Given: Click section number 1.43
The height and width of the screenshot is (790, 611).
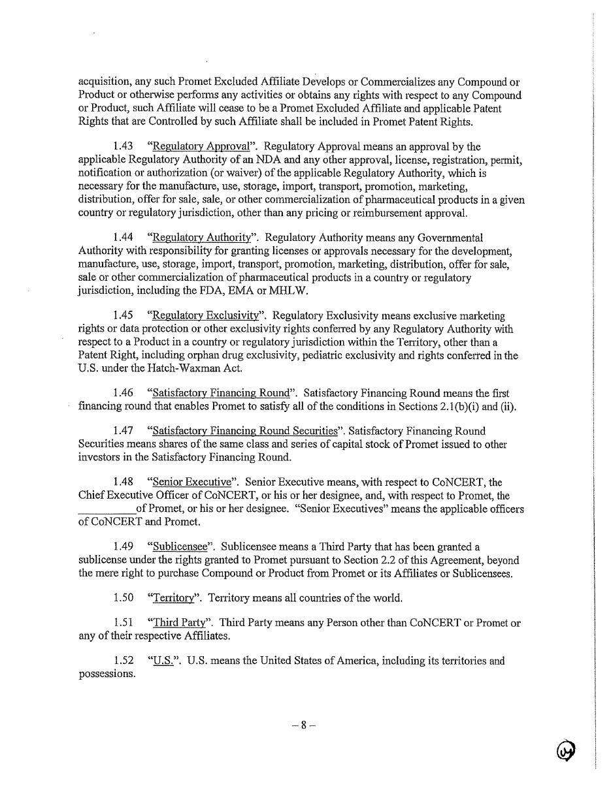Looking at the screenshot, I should pyautogui.click(x=123, y=147).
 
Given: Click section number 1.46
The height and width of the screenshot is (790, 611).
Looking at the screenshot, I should pyautogui.click(x=123, y=393).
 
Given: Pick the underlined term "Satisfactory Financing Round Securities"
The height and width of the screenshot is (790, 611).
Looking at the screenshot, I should pyautogui.click(x=245, y=431).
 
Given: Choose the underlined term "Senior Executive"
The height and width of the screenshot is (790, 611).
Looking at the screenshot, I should pyautogui.click(x=191, y=482).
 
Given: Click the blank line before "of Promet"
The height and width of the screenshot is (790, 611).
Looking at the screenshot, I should pyautogui.click(x=107, y=509).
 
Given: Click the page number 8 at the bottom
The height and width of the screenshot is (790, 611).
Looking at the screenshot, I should pyautogui.click(x=303, y=725).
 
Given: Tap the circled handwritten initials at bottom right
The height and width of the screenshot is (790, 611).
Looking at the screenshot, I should pyautogui.click(x=566, y=751).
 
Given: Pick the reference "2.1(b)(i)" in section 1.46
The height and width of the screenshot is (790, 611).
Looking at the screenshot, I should pyautogui.click(x=459, y=406).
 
